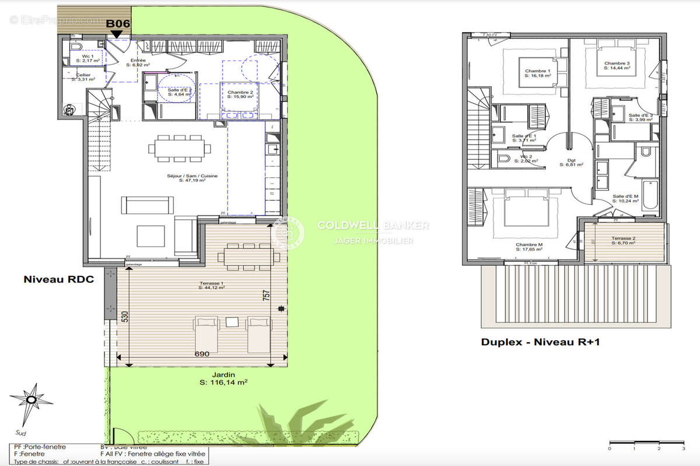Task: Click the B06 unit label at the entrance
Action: click(x=117, y=23)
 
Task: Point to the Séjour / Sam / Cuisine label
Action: click(x=187, y=178)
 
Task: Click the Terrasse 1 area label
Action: click(x=212, y=285)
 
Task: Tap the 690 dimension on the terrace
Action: click(x=202, y=354)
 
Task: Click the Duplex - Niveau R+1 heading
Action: click(x=540, y=342)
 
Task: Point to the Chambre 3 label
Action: click(x=617, y=65)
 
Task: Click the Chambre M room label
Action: click(x=529, y=247)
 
